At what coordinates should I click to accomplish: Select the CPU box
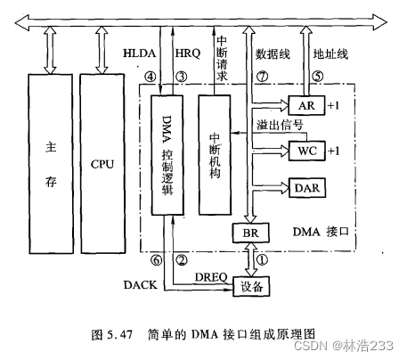(x=103, y=166)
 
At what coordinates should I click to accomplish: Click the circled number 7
(x=262, y=78)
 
